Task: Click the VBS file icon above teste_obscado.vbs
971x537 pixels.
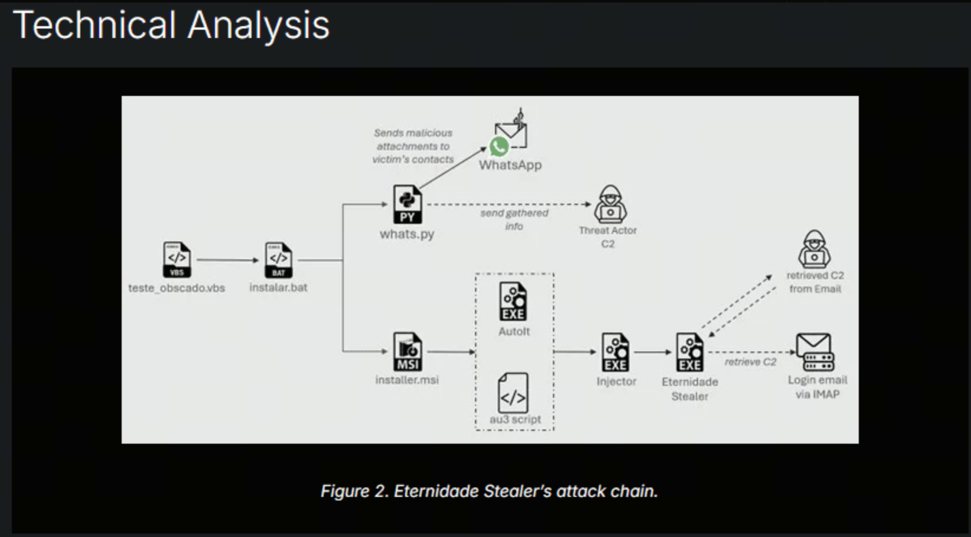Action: click(x=177, y=260)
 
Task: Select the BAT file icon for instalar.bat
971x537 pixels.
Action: click(x=278, y=260)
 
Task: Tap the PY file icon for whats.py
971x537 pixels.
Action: click(x=407, y=205)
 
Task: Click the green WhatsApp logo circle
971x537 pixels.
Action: click(x=499, y=146)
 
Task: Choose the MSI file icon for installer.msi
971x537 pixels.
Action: click(x=408, y=352)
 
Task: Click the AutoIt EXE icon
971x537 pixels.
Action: click(x=513, y=302)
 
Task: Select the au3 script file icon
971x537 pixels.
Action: click(x=513, y=393)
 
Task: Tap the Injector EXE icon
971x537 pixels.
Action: click(x=615, y=352)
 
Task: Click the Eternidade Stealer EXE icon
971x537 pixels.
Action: click(x=689, y=352)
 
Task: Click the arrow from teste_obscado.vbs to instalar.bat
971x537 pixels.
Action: click(x=227, y=260)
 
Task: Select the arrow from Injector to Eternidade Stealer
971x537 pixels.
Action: click(x=653, y=352)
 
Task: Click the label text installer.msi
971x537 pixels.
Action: click(x=407, y=380)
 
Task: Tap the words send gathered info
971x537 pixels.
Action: click(x=514, y=219)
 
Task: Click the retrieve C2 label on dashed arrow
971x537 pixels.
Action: click(x=750, y=362)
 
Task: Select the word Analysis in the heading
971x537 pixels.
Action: click(x=259, y=25)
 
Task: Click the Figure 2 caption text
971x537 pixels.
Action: click(x=488, y=491)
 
